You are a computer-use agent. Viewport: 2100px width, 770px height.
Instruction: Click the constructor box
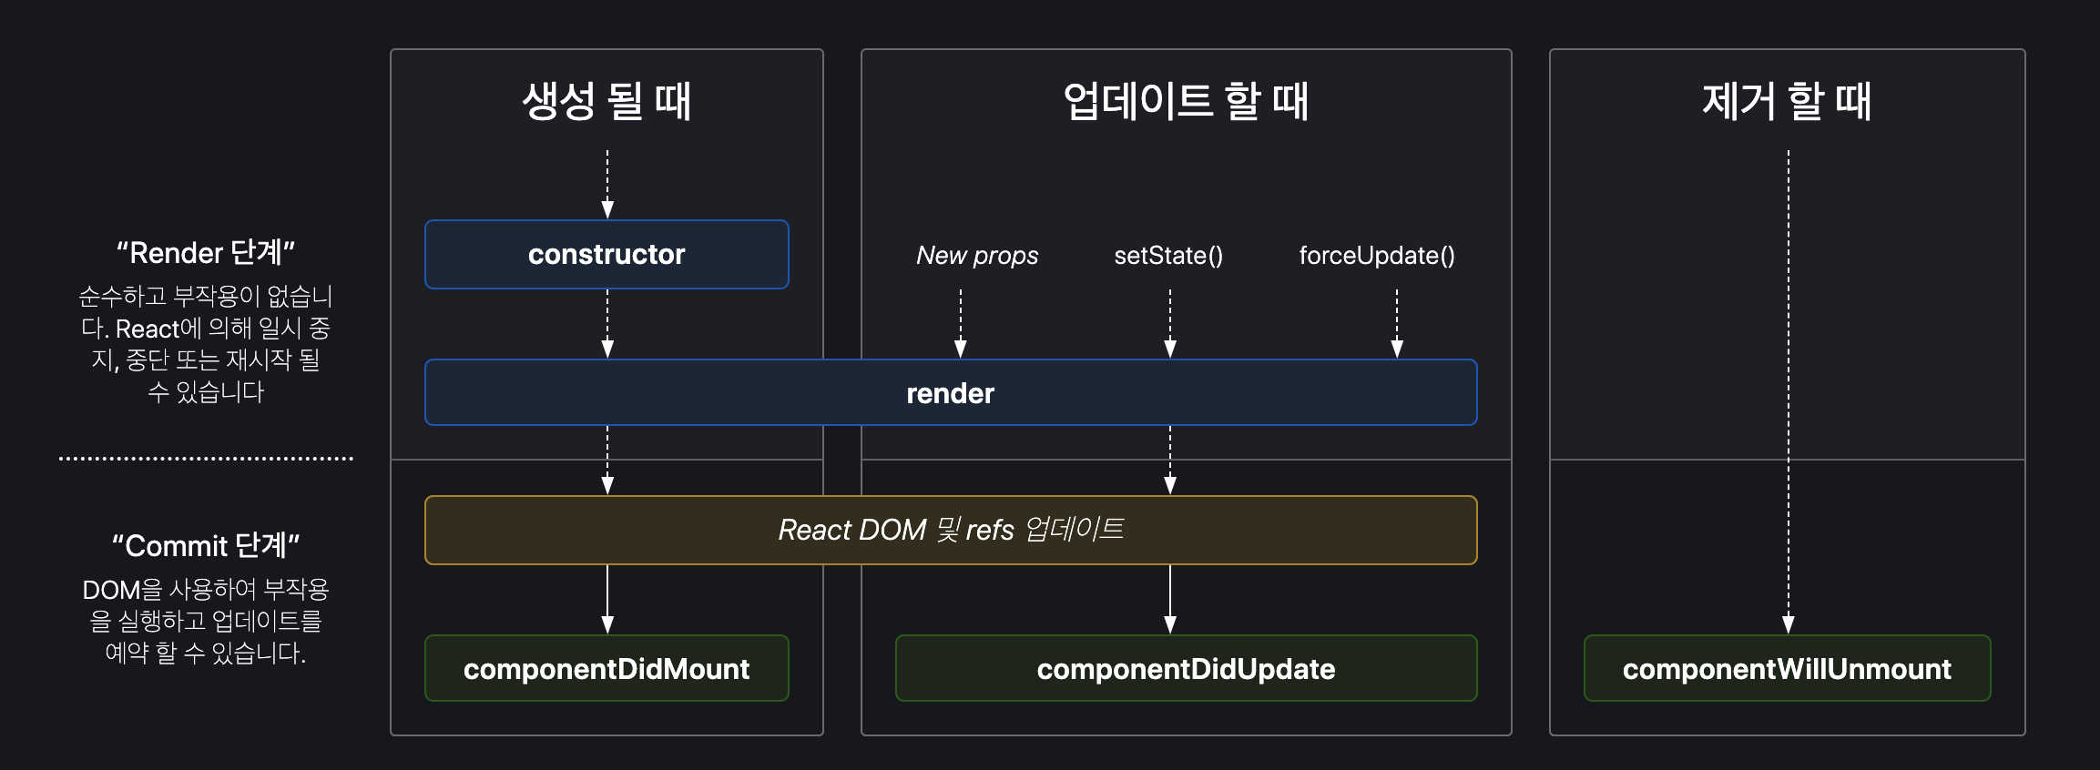[607, 255]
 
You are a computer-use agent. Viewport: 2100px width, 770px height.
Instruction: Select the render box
[950, 393]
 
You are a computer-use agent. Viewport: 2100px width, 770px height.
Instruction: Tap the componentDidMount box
[607, 669]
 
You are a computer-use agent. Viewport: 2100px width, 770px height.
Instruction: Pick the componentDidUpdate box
[1186, 669]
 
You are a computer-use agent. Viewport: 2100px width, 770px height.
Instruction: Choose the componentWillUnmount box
[1787, 669]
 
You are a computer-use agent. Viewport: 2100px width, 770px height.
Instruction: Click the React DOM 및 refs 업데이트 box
[950, 530]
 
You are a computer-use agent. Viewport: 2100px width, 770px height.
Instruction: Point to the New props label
[977, 256]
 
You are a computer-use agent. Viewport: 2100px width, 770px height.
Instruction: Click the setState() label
[1168, 256]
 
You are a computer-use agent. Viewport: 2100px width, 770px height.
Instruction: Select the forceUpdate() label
[1376, 256]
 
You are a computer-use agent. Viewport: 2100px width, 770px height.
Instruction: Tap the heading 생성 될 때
[607, 101]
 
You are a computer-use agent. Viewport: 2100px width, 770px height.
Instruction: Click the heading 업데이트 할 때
[1186, 101]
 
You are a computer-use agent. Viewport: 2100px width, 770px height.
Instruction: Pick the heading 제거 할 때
[1787, 101]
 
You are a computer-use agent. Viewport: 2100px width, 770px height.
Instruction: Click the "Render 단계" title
[206, 253]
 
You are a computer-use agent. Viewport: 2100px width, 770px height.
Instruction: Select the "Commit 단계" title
[206, 545]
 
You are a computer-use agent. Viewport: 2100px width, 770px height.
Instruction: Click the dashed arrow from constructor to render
[607, 323]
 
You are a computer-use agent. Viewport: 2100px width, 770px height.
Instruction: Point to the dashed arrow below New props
[960, 323]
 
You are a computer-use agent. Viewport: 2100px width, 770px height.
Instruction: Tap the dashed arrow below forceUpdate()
[1397, 323]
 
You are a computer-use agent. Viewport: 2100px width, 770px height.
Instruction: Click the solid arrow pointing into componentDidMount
[607, 599]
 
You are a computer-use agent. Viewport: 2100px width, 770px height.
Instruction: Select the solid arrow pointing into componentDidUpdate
[1170, 599]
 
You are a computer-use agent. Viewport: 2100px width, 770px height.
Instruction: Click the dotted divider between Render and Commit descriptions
[206, 459]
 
